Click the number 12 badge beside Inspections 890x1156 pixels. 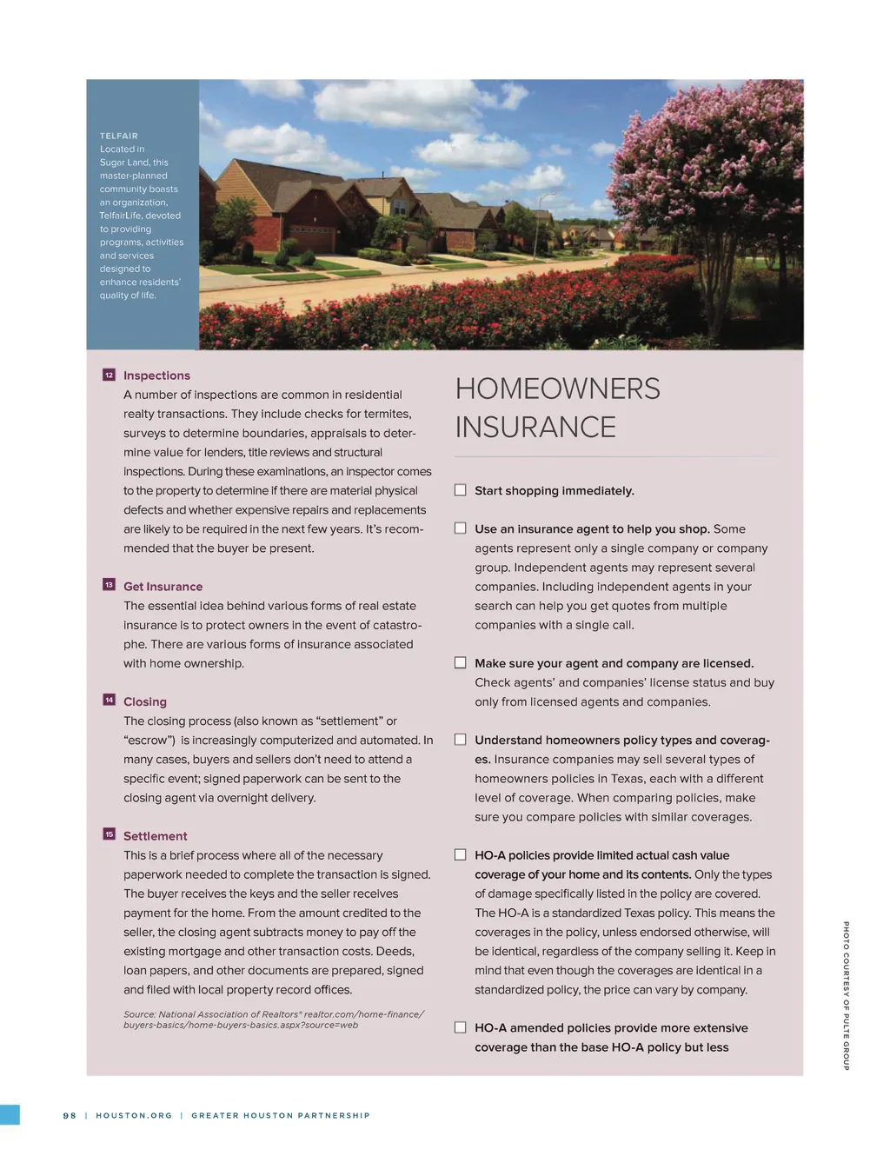109,375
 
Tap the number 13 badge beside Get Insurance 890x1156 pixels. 109,585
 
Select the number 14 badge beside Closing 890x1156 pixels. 109,700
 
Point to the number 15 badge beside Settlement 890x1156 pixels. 109,834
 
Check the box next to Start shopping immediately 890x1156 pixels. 461,490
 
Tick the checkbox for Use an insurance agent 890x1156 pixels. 461,528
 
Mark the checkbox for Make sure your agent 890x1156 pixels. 461,662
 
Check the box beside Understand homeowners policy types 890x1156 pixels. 461,740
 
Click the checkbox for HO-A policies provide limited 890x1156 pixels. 461,855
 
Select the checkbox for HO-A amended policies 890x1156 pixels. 461,1027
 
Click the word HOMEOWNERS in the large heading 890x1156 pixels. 557,389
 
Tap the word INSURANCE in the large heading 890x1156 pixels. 535,428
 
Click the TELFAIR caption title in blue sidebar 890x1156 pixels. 119,136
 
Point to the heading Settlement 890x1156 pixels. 155,836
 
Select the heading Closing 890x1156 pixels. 145,701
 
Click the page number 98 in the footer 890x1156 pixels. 70,1115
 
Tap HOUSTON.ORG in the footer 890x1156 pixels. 134,1115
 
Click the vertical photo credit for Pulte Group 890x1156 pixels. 846,995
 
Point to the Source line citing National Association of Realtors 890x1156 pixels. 273,1020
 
